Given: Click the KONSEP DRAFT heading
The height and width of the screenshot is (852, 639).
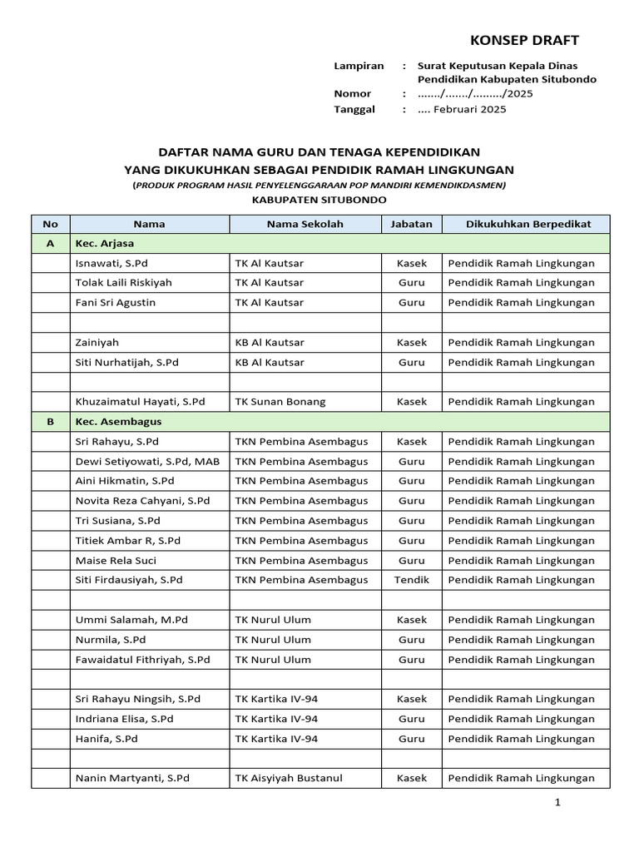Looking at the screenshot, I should [x=524, y=40].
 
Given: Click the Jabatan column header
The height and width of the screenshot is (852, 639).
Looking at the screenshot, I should [x=411, y=224].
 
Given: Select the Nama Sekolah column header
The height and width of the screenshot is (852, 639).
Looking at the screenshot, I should [x=305, y=224].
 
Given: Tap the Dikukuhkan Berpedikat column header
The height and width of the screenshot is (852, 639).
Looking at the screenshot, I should [x=528, y=224].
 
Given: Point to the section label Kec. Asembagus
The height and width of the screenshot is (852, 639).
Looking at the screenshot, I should [x=118, y=422].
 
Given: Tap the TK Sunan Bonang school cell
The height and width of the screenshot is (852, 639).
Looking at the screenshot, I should [x=280, y=401].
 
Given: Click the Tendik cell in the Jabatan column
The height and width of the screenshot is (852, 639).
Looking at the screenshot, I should [x=412, y=580].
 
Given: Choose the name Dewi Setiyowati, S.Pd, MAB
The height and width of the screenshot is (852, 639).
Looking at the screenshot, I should [x=147, y=461].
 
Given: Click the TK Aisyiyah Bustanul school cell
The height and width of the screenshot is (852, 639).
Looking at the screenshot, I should [x=289, y=778].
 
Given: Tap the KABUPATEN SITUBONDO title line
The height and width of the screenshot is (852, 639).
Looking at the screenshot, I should [x=319, y=200].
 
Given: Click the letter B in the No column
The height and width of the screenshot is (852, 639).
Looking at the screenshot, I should [x=51, y=422].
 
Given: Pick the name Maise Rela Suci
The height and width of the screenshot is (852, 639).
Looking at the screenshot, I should [x=116, y=560].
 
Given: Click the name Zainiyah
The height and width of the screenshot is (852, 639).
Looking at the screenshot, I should [x=97, y=342].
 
